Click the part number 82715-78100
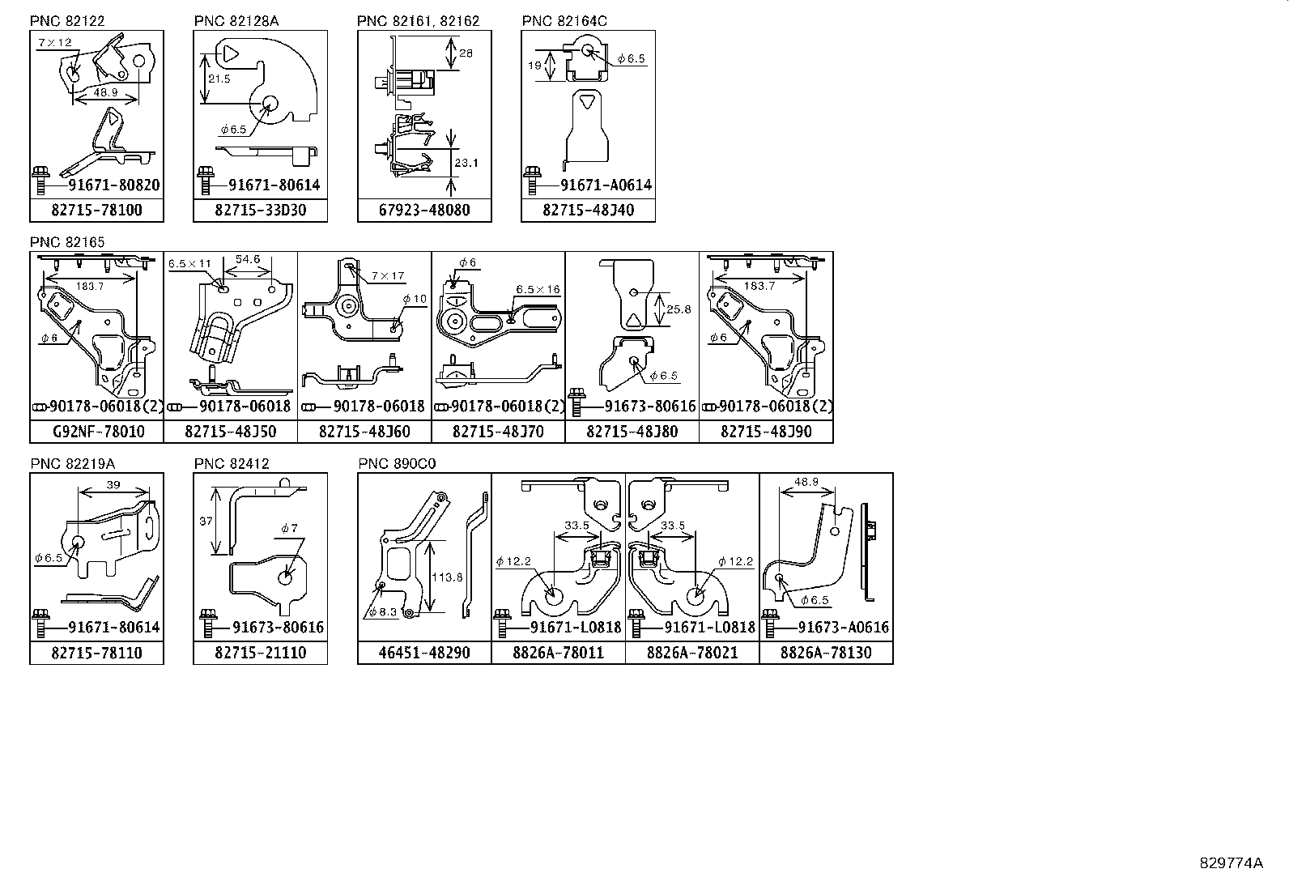pos(96,211)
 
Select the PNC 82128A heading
pos(236,21)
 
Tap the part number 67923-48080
pos(424,211)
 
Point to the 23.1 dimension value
pos(466,163)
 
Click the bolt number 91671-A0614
pos(606,185)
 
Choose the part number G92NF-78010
pos(98,432)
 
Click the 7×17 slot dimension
pos(389,276)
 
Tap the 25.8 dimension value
pos(679,309)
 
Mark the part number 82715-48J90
pos(766,432)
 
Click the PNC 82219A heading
pos(73,463)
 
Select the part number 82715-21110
pos(260,653)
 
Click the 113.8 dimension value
pos(448,577)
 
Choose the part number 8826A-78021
pos(692,653)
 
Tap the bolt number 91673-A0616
pos(843,628)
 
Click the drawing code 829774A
pos(1231,863)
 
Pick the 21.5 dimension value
pos(219,79)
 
